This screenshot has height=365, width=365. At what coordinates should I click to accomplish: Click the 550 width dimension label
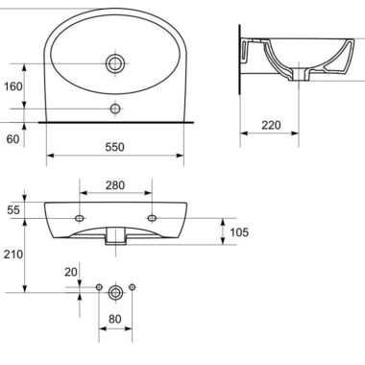[114, 147]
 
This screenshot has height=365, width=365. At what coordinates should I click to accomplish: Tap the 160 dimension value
[13, 86]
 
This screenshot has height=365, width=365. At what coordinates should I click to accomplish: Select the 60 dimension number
[12, 139]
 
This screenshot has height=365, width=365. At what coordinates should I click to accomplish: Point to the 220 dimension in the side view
[271, 125]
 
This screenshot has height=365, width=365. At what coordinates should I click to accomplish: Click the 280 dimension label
[115, 185]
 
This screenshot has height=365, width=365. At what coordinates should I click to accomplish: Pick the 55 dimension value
[13, 210]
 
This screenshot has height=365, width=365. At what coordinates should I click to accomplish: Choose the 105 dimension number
[239, 232]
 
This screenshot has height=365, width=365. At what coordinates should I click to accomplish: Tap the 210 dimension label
[13, 255]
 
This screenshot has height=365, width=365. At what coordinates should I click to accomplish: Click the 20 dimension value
[71, 272]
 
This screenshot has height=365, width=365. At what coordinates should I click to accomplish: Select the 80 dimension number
[115, 319]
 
